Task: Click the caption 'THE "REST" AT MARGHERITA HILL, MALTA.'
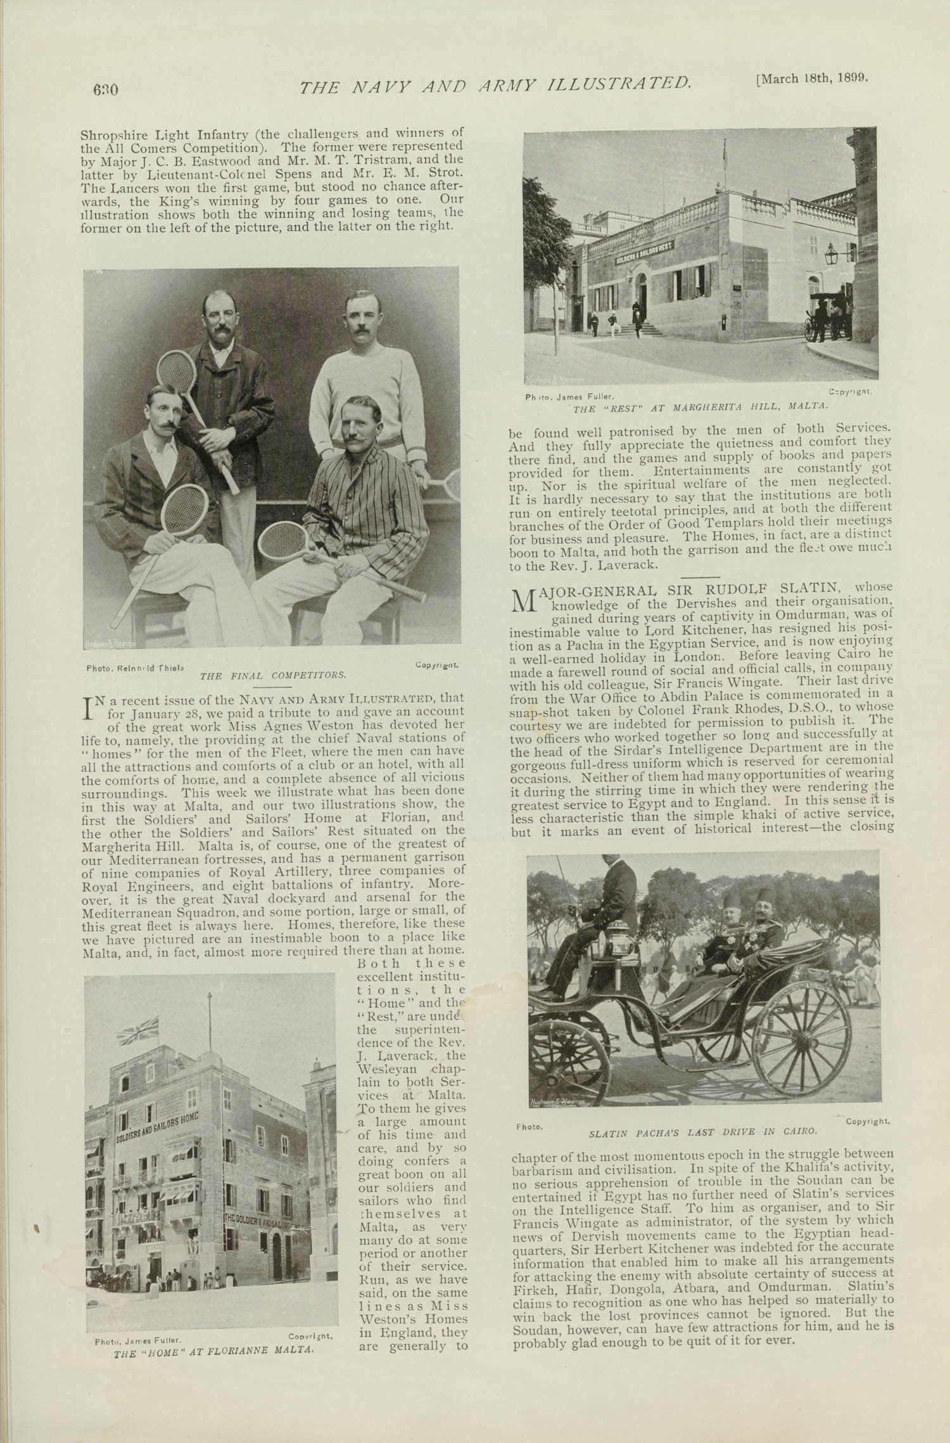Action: [700, 406]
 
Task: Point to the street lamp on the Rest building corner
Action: [830, 255]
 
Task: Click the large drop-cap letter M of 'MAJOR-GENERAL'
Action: [523, 600]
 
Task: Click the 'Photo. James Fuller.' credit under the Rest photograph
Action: [566, 397]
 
